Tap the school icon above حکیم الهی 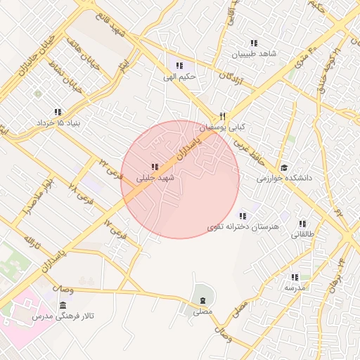click(179, 65)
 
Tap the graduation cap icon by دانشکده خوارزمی click(284, 167)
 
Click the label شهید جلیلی click(154, 179)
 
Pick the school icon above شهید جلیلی click(154, 167)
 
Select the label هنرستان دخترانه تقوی click(244, 227)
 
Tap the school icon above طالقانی click(304, 223)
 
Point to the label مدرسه click(295, 288)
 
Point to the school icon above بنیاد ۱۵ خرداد click(58, 112)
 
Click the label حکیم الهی click(179, 77)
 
